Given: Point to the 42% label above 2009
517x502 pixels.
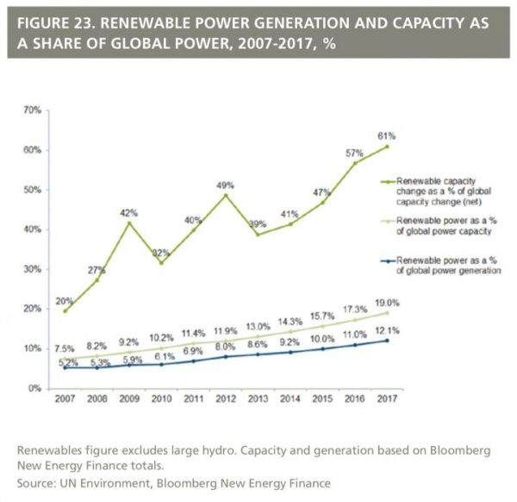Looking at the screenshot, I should tap(129, 212).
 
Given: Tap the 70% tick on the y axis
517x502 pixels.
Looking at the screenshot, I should tap(33, 110).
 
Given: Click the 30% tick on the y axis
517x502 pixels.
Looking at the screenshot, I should tap(33, 269).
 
